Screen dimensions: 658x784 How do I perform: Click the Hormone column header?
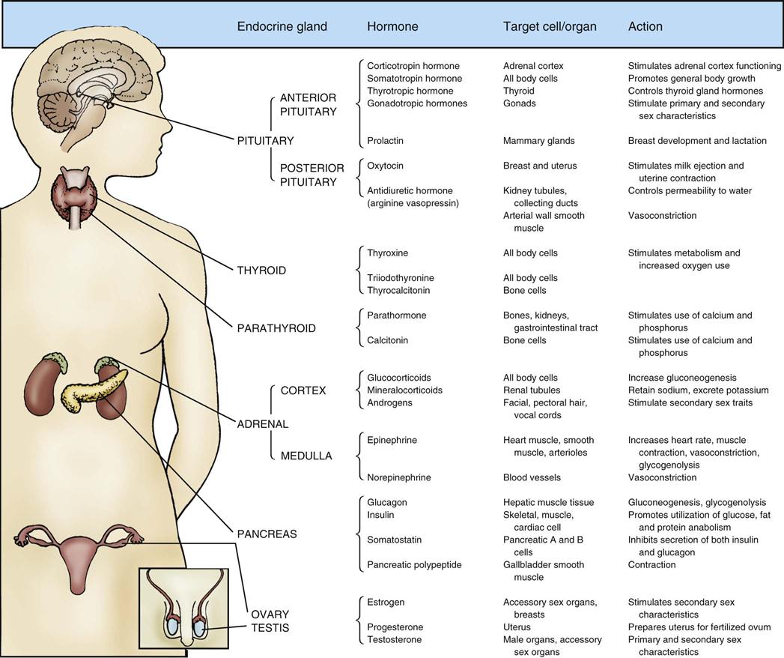pyautogui.click(x=392, y=26)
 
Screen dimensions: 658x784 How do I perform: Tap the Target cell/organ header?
pyautogui.click(x=550, y=26)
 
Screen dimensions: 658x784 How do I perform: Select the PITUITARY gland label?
pyautogui.click(x=265, y=140)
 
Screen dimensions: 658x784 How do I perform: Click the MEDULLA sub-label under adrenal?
pyautogui.click(x=306, y=455)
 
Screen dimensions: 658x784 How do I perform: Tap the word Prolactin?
pyautogui.click(x=386, y=140)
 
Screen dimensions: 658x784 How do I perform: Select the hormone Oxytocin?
pyautogui.click(x=386, y=166)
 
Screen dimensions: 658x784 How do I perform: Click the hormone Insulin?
pyautogui.click(x=382, y=515)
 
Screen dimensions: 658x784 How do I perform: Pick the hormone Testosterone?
pyautogui.click(x=395, y=639)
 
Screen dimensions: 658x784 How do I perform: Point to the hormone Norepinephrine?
pyautogui.click(x=399, y=477)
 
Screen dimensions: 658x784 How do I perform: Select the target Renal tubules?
pyautogui.click(x=532, y=390)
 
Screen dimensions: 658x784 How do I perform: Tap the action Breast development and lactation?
pyautogui.click(x=696, y=140)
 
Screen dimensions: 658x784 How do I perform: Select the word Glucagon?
pyautogui.click(x=387, y=502)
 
